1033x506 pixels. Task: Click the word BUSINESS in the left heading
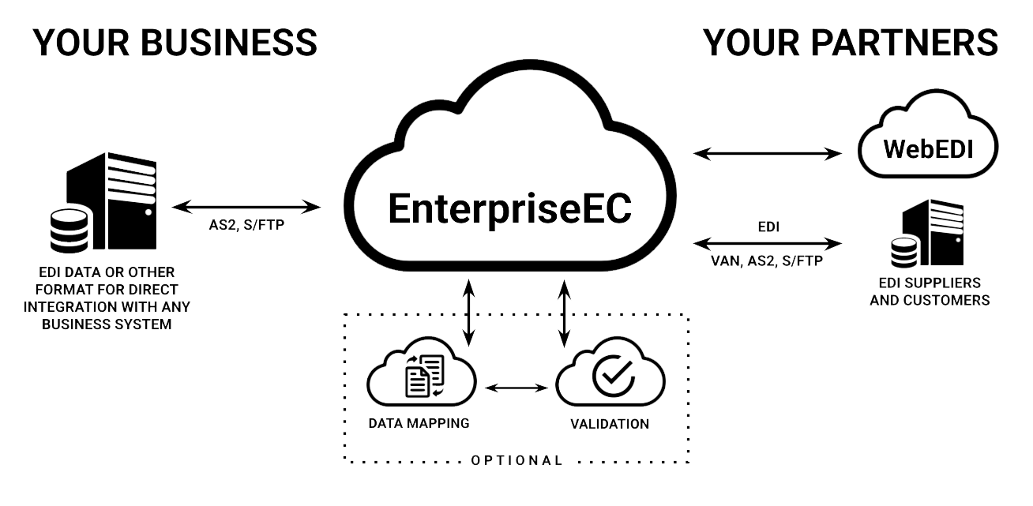(229, 42)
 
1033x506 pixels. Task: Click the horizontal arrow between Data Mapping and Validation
(516, 388)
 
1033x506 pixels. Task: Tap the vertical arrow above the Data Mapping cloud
(468, 313)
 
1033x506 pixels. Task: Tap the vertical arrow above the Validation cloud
(565, 313)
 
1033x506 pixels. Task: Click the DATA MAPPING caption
(419, 423)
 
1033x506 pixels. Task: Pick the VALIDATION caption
(610, 424)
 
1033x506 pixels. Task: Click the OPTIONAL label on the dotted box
(516, 459)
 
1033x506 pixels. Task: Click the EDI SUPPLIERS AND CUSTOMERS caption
(929, 291)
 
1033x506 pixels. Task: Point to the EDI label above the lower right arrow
(767, 227)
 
